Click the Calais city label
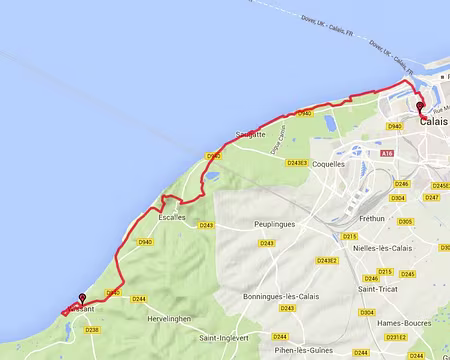click(434, 121)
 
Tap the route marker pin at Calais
click(420, 107)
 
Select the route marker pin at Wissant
click(81, 298)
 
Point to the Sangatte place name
click(250, 134)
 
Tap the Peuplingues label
click(272, 224)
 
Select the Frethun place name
click(371, 217)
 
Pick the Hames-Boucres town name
click(418, 322)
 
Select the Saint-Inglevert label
click(225, 338)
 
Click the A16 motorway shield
click(387, 153)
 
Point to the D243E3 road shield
click(298, 162)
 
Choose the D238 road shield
click(92, 329)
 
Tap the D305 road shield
click(405, 222)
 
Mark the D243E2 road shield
click(327, 260)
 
